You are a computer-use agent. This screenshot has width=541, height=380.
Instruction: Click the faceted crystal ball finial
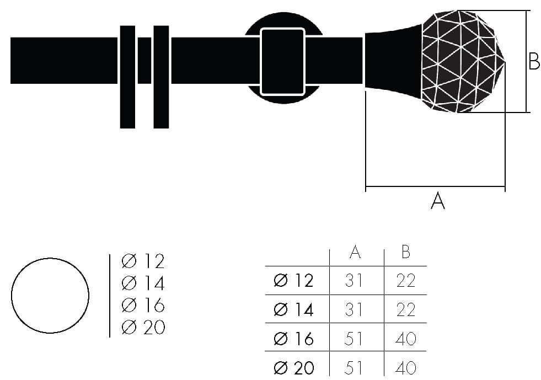click(462, 61)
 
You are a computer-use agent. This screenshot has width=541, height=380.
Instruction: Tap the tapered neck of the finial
click(393, 60)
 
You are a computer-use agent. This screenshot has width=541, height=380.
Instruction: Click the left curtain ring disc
click(127, 77)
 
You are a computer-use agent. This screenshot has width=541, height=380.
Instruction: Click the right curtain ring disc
click(161, 77)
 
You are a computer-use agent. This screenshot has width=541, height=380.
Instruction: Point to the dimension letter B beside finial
click(534, 61)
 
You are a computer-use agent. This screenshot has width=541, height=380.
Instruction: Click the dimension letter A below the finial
click(437, 201)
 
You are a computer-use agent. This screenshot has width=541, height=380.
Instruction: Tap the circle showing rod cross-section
click(50, 295)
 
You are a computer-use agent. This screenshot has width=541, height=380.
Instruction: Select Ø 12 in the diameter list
click(143, 261)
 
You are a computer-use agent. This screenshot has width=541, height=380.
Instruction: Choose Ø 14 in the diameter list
click(143, 283)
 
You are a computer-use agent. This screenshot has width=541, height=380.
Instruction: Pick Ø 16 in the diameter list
click(143, 305)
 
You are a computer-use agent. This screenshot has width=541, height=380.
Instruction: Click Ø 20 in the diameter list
click(143, 327)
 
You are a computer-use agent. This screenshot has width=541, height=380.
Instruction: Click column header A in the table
click(355, 252)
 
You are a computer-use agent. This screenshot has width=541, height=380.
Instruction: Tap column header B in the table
click(405, 252)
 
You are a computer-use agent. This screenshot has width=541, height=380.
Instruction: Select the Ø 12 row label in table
click(293, 281)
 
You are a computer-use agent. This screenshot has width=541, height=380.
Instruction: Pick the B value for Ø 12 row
click(405, 281)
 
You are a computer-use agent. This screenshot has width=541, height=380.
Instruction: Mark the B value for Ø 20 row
click(405, 367)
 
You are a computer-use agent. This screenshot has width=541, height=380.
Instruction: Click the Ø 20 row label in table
click(293, 367)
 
